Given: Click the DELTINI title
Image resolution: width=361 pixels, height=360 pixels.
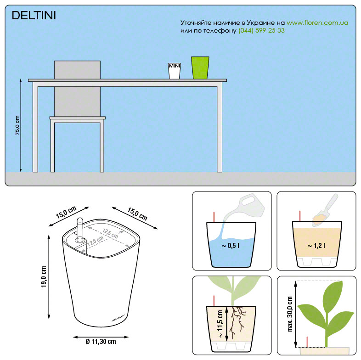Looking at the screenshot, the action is click(34, 16).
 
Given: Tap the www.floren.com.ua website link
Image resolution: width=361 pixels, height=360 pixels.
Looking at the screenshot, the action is click(317, 23).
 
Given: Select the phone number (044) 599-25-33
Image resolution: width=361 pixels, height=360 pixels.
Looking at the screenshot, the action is click(261, 31).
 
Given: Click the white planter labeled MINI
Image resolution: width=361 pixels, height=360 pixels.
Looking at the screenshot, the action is click(174, 71).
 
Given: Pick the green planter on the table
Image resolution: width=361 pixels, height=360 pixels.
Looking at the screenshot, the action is click(200, 68).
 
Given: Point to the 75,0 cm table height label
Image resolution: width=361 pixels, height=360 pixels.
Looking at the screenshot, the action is click(17, 125).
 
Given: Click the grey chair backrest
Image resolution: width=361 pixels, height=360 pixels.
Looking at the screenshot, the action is click(77, 88).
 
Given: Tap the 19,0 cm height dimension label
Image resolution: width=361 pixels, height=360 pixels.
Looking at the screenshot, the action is click(44, 277).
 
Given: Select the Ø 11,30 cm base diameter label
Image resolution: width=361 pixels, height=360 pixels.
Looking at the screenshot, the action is click(101, 342).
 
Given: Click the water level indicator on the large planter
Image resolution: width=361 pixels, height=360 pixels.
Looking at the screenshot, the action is click(80, 230).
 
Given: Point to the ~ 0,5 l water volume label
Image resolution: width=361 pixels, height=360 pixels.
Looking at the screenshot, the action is click(231, 246).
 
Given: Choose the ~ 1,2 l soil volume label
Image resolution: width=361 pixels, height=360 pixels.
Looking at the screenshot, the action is click(316, 246).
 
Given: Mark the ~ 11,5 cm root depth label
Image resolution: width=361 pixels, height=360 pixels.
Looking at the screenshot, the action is click(220, 324).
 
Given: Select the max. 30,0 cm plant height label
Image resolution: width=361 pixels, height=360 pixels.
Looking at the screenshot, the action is click(290, 314).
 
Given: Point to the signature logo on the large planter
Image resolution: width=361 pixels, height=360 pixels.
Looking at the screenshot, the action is click(118, 318).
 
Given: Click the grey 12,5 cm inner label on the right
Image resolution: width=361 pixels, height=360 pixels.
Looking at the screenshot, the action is click(110, 233).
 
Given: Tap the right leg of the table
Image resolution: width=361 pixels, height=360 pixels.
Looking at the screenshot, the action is click(220, 129).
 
